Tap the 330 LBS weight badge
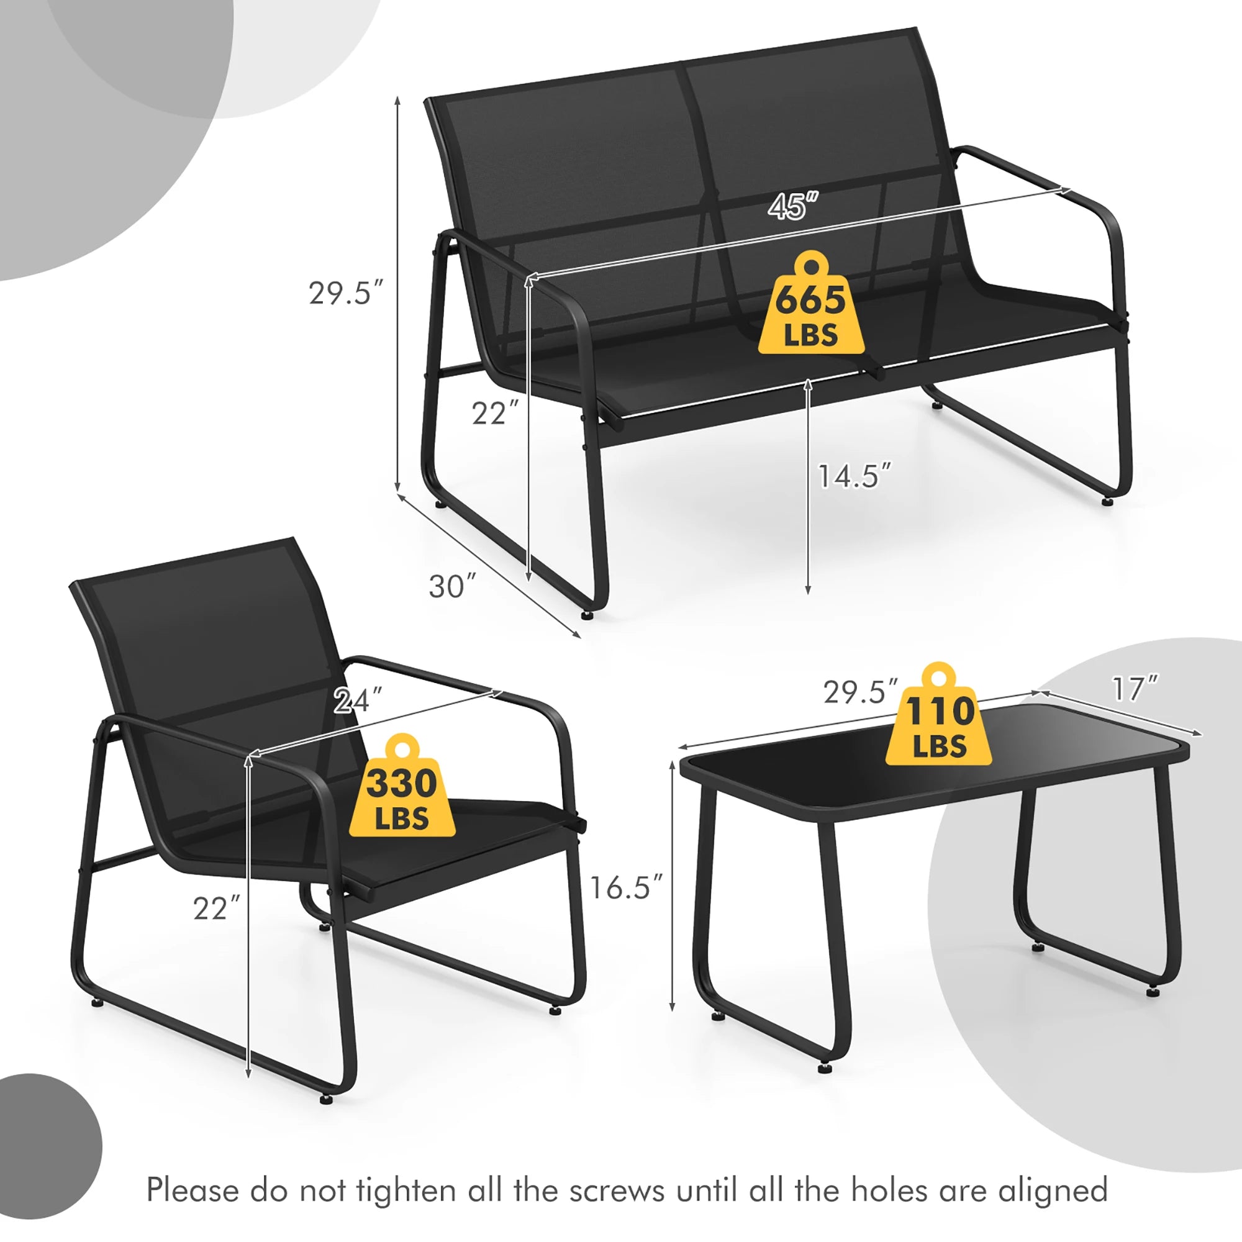(402, 792)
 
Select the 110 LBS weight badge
(939, 720)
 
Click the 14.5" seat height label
(854, 476)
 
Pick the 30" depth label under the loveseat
(453, 587)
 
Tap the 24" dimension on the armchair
(358, 700)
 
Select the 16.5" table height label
(625, 888)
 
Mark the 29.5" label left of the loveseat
(346, 293)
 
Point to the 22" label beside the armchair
(217, 909)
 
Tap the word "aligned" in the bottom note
(1053, 1190)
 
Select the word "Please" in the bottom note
(193, 1190)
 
